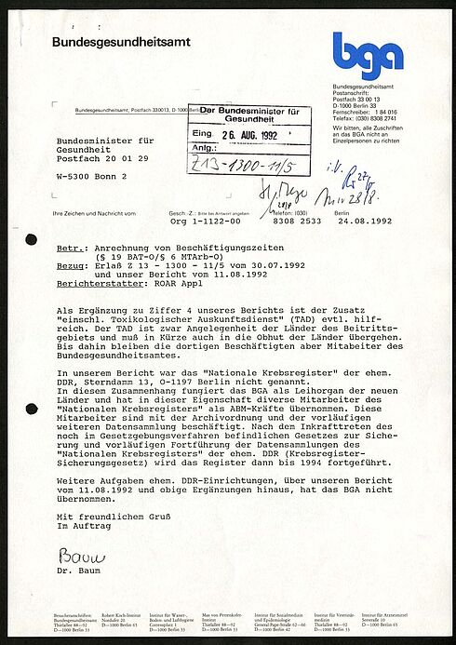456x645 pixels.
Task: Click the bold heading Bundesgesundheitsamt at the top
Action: tap(113, 43)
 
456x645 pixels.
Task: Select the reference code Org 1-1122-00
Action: tap(205, 222)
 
